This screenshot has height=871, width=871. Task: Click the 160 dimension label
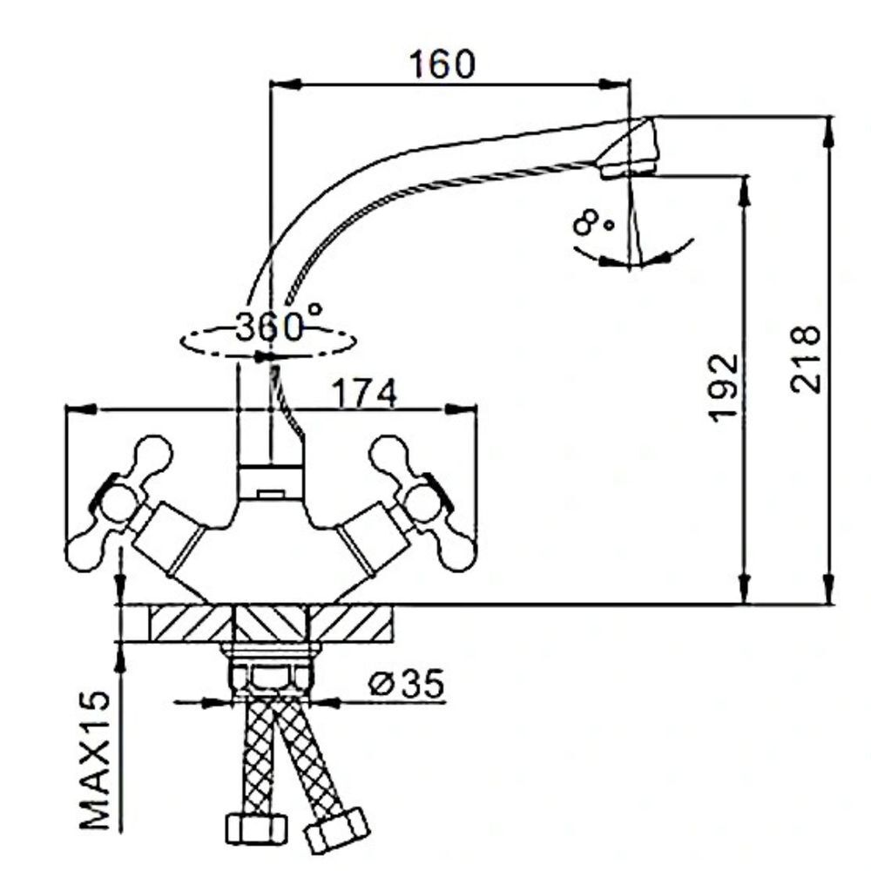pos(442,64)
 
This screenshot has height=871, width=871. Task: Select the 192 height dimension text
pos(723,388)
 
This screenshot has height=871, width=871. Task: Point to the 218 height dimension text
pos(806,359)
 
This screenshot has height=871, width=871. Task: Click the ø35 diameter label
pos(406,684)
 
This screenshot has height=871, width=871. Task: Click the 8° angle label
pos(592,223)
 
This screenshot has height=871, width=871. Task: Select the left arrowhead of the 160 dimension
pos(283,84)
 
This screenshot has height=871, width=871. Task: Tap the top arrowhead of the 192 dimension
pos(745,188)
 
